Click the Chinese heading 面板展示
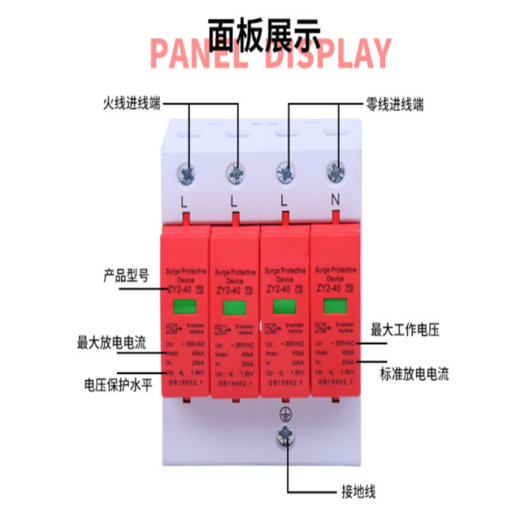(264, 32)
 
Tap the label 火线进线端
(132, 103)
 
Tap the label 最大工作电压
(404, 331)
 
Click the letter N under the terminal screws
(335, 199)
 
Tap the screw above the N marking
(334, 172)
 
